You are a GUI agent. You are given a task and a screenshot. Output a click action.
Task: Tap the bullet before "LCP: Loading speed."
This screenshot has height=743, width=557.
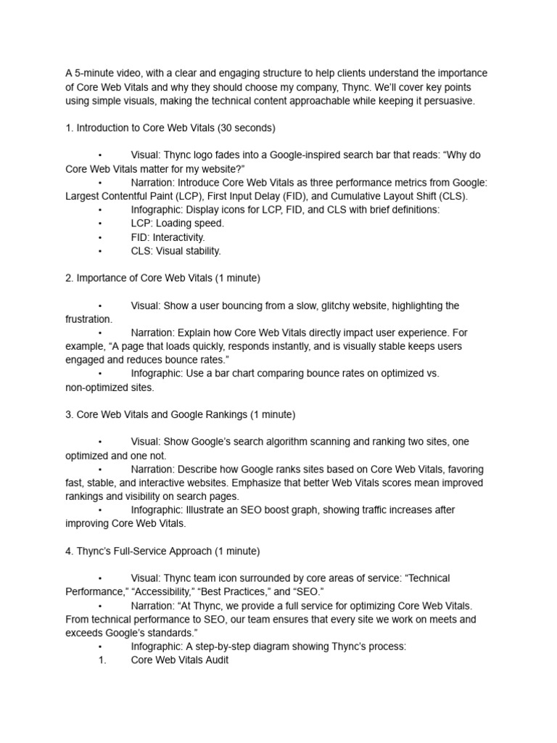click(100, 223)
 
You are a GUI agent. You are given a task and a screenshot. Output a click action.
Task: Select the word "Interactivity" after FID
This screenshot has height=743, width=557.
click(178, 237)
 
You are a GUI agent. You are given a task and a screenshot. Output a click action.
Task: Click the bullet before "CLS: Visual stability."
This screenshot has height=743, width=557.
click(100, 251)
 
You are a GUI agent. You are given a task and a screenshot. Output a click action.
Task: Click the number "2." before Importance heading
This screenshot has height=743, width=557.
click(70, 278)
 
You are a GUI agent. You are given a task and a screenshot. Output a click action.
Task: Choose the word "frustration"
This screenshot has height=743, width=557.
click(88, 319)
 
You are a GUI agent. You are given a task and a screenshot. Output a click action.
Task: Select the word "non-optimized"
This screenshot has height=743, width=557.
click(98, 387)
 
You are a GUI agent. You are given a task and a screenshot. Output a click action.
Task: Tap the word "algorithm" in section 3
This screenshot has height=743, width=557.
click(276, 442)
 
